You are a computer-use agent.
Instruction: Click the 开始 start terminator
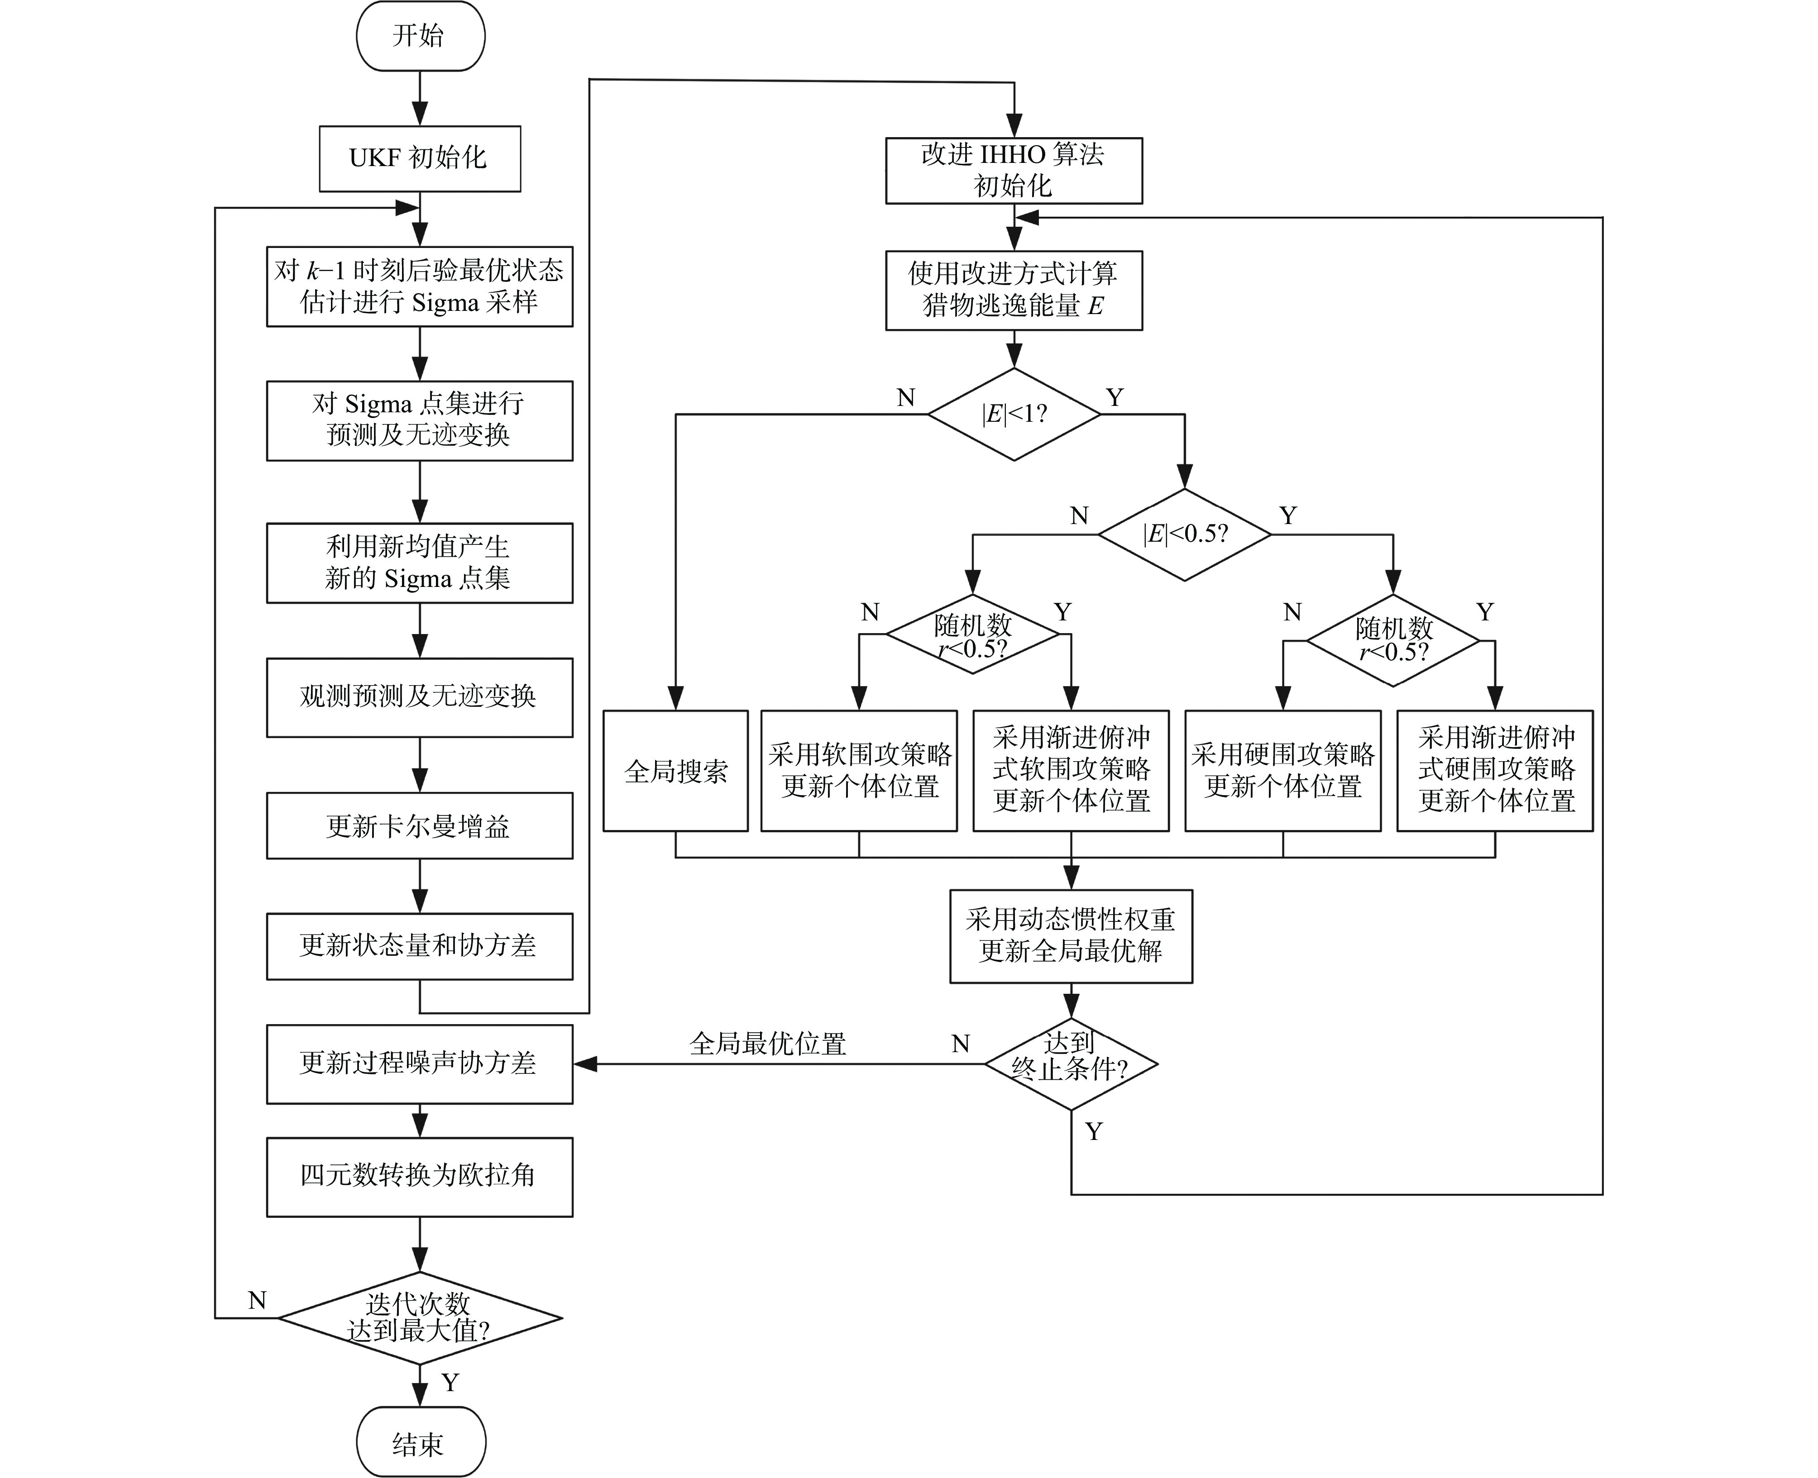[420, 36]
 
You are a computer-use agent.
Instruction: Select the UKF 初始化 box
[420, 158]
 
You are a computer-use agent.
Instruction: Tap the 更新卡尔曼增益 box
[420, 826]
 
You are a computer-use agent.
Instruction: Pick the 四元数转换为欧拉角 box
[420, 1176]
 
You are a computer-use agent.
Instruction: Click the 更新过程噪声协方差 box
[420, 1063]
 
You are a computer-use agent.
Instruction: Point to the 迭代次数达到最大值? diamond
[420, 1318]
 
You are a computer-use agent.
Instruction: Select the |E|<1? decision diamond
[1014, 415]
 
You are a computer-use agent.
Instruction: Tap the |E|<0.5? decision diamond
[1185, 534]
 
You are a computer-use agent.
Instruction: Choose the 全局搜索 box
[675, 771]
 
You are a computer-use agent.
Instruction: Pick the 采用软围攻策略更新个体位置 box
[859, 771]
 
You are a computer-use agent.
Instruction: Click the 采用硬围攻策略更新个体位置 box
[1282, 771]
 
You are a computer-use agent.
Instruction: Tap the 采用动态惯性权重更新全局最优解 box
[1070, 936]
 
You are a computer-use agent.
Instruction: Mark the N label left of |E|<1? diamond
[906, 398]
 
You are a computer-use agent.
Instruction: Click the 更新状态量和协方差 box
[420, 946]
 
